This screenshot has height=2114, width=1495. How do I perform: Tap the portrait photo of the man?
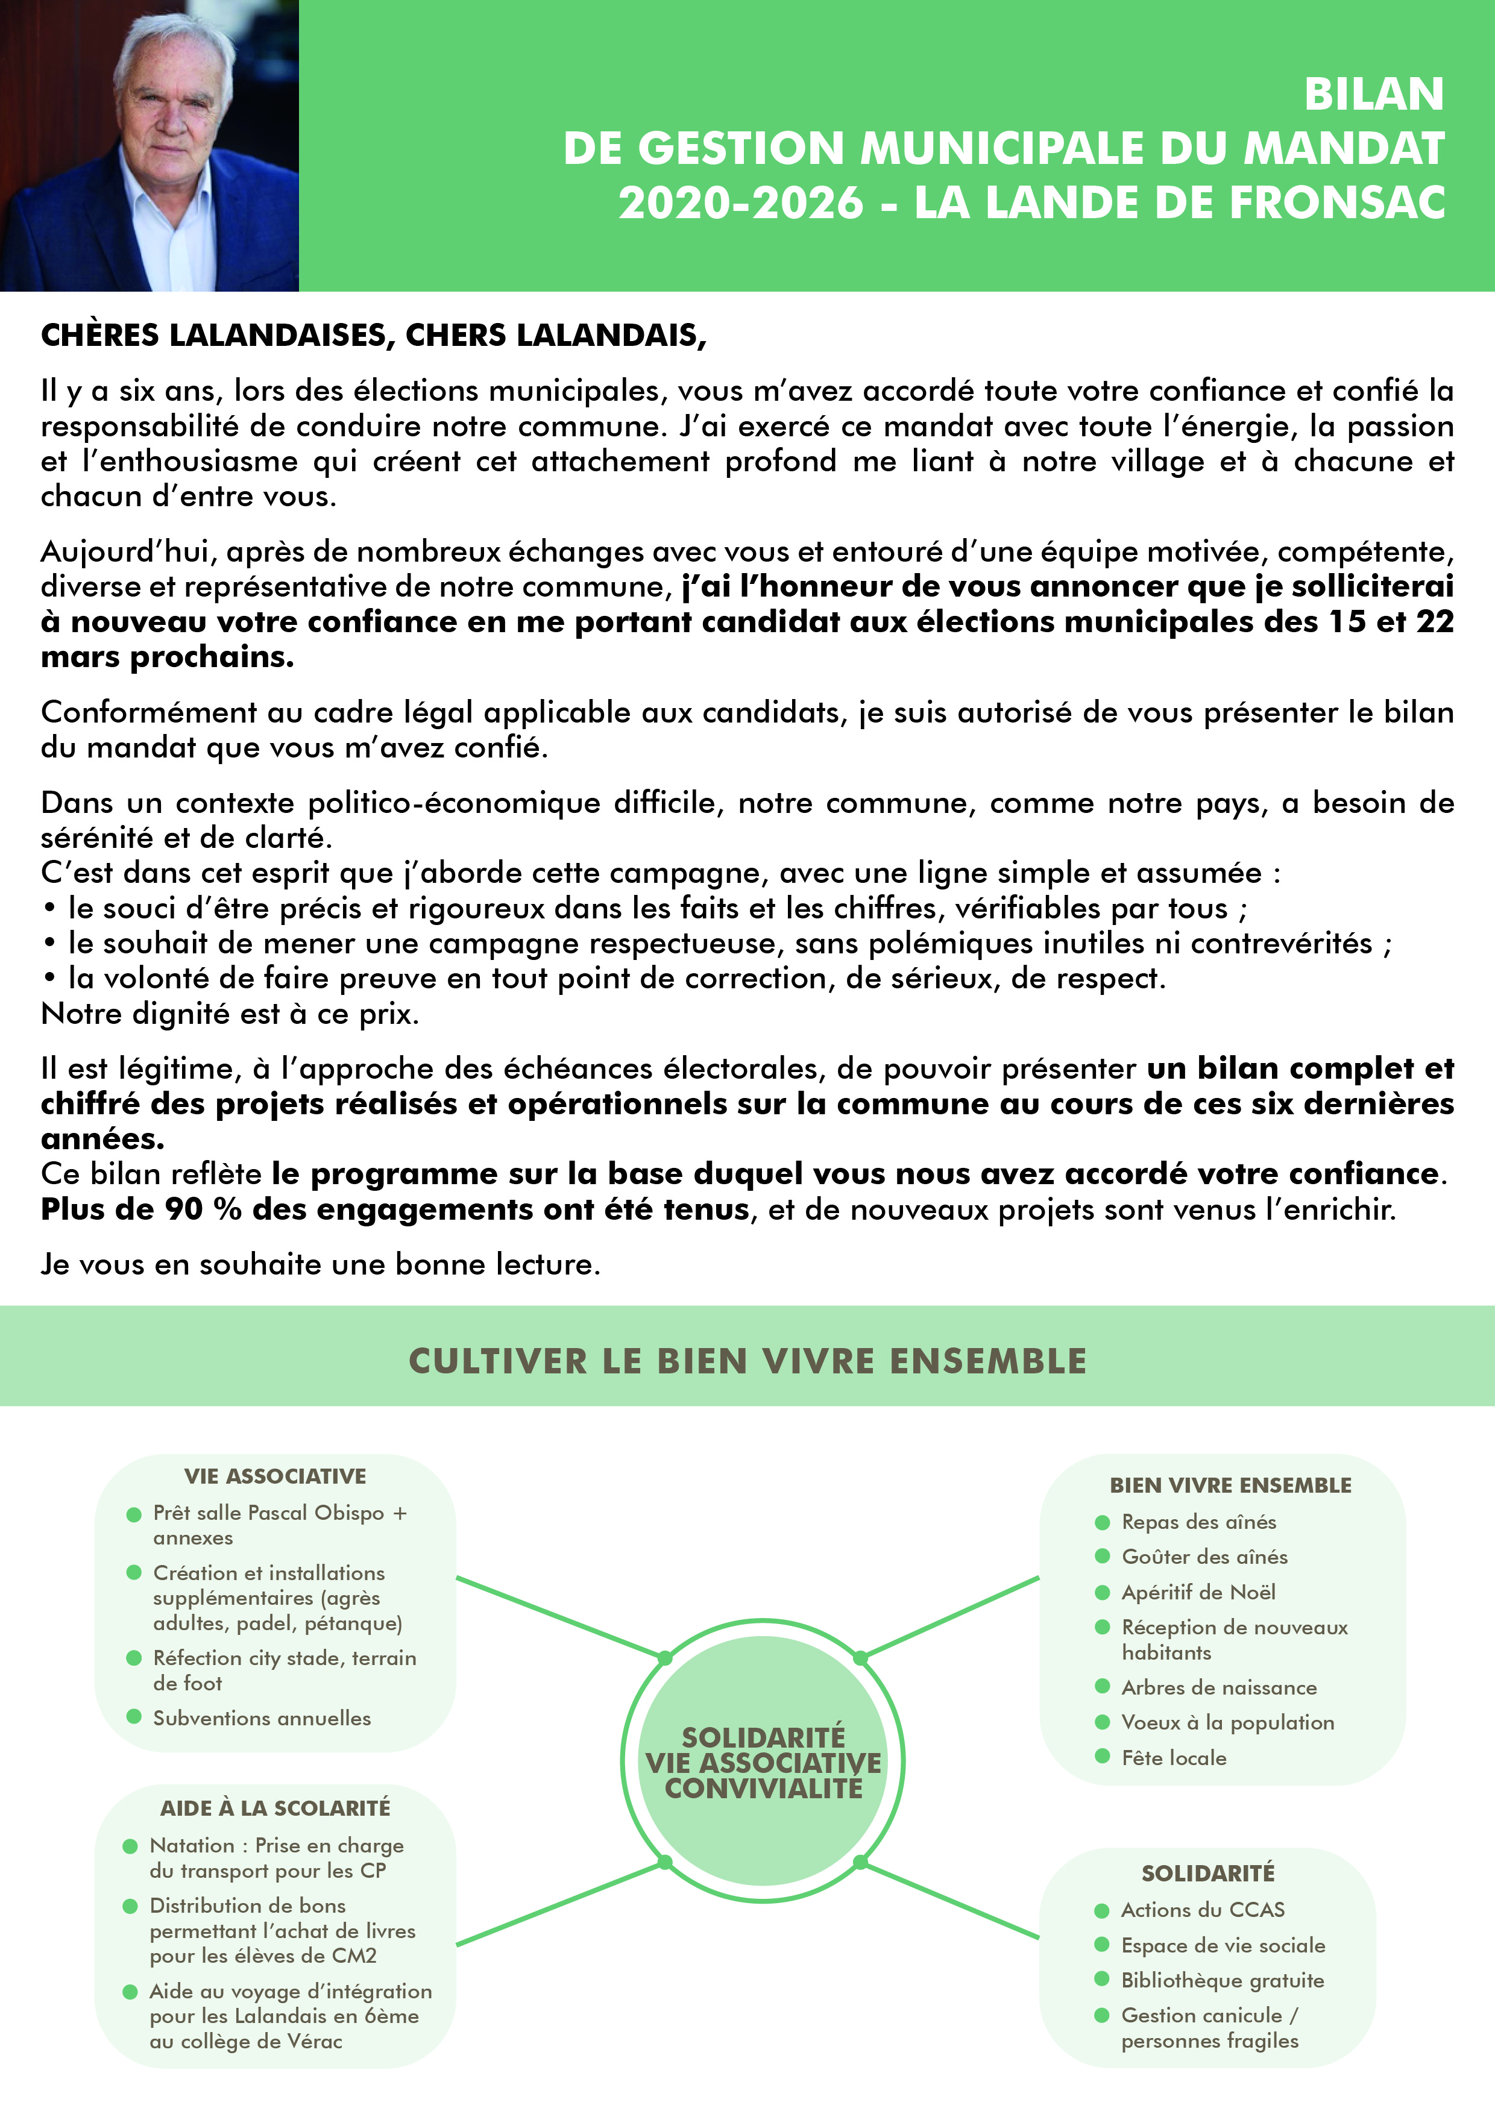coord(149,145)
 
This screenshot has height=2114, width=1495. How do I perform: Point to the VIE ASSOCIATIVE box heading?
coord(274,1476)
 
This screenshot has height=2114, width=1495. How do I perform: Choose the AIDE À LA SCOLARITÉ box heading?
coord(274,1807)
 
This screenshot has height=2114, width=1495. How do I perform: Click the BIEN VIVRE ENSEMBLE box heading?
coord(1230,1485)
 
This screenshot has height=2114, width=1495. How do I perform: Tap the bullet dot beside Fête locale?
coord(1102,1757)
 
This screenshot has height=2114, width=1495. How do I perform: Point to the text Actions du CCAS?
coord(1202,1910)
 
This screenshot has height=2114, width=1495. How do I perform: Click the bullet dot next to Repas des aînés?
coord(1102,1522)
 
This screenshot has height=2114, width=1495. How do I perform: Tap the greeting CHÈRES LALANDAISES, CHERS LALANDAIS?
coord(373,335)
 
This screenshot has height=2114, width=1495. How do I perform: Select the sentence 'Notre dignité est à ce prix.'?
coord(230,1014)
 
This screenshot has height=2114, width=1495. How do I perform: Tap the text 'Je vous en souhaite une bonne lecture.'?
coord(321,1264)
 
